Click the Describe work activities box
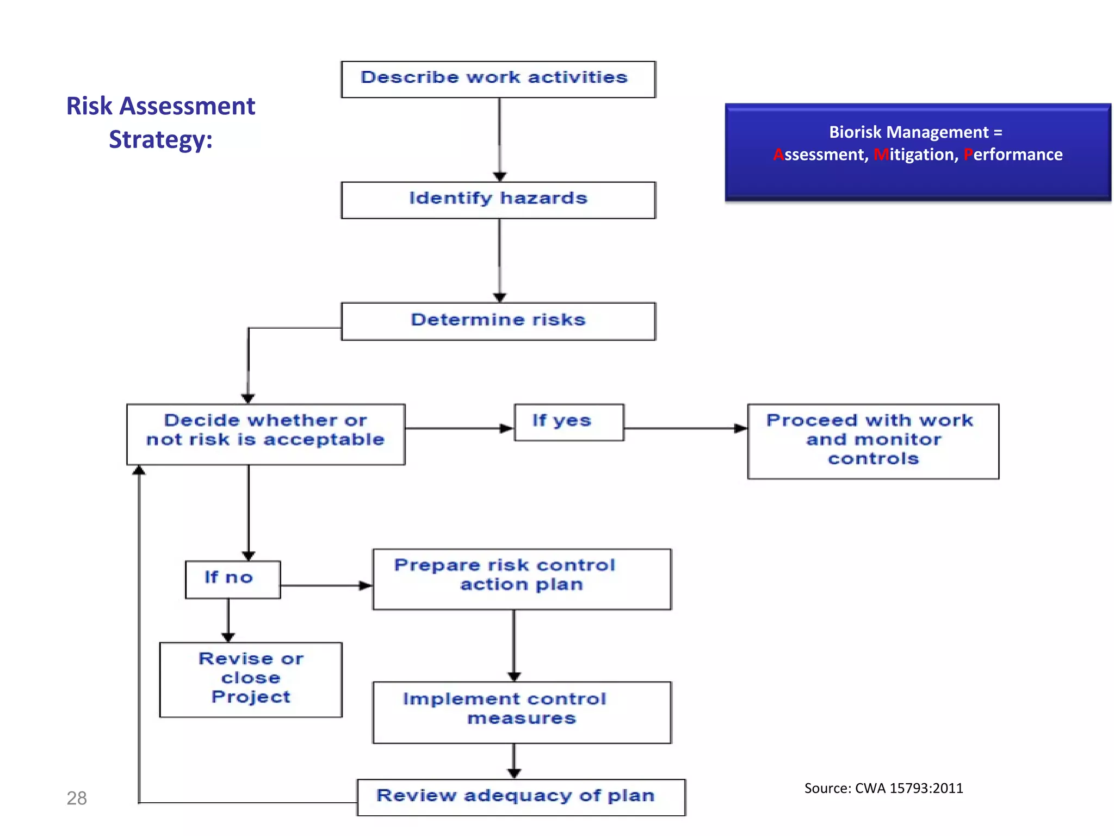[498, 79]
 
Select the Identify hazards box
[498, 200]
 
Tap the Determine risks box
[498, 321]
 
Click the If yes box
[568, 422]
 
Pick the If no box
[233, 579]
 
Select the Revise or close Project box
[251, 679]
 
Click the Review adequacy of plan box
[521, 797]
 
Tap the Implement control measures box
[521, 711]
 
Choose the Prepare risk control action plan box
[521, 579]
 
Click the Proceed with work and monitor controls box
[872, 441]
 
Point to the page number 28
[77, 798]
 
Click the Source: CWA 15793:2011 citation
[883, 788]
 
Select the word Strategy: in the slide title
[160, 139]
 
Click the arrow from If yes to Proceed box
[685, 428]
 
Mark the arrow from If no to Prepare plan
[326, 586]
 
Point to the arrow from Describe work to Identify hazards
[499, 139]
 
